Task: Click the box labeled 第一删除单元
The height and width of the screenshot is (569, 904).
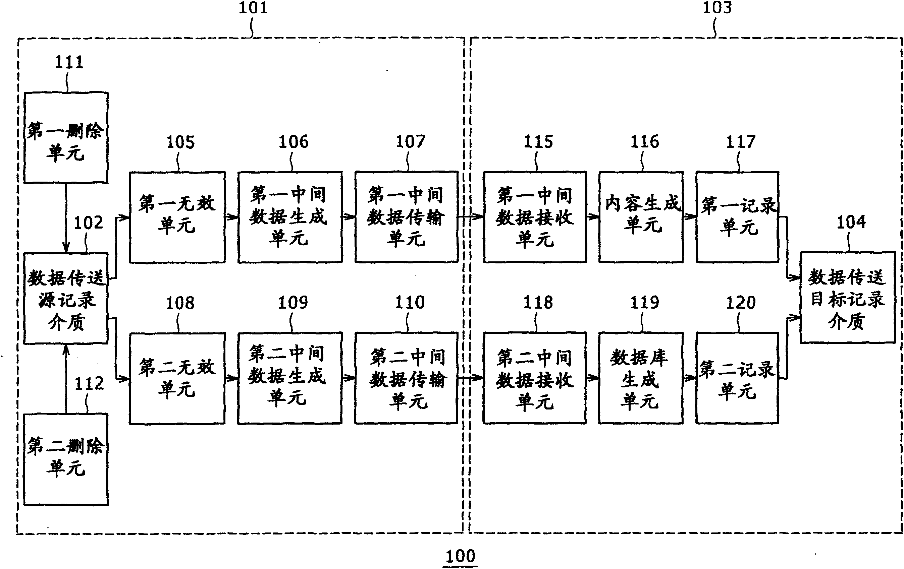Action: pyautogui.click(x=66, y=138)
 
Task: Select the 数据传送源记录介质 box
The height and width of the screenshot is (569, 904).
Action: pyautogui.click(x=66, y=298)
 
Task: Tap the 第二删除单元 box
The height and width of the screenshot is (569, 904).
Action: pyautogui.click(x=66, y=459)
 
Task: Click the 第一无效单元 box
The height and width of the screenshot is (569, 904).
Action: pyautogui.click(x=177, y=217)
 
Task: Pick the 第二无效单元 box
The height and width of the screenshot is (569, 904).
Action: pyautogui.click(x=177, y=378)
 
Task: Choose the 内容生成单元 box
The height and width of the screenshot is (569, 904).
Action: pyautogui.click(x=641, y=217)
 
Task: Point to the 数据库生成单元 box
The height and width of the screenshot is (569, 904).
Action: pyautogui.click(x=641, y=378)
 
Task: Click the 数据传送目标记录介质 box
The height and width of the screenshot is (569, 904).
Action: pyautogui.click(x=847, y=298)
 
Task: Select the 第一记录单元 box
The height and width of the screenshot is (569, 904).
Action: pyautogui.click(x=737, y=217)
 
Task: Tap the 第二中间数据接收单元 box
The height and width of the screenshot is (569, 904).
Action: pyautogui.click(x=535, y=378)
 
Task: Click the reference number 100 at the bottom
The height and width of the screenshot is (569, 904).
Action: pyautogui.click(x=460, y=556)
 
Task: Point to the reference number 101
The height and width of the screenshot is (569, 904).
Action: pyautogui.click(x=253, y=7)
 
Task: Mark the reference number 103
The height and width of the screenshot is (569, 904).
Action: pyautogui.click(x=717, y=7)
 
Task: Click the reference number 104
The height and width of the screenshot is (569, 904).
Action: pyautogui.click(x=851, y=222)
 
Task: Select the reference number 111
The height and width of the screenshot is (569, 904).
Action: pyautogui.click(x=69, y=62)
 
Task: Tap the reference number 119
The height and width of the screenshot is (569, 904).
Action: pyautogui.click(x=644, y=302)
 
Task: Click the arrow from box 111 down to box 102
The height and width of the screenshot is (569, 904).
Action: pyautogui.click(x=66, y=217)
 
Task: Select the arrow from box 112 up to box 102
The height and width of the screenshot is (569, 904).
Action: pyautogui.click(x=66, y=379)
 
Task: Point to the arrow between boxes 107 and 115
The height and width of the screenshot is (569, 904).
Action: pyautogui.click(x=470, y=216)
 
